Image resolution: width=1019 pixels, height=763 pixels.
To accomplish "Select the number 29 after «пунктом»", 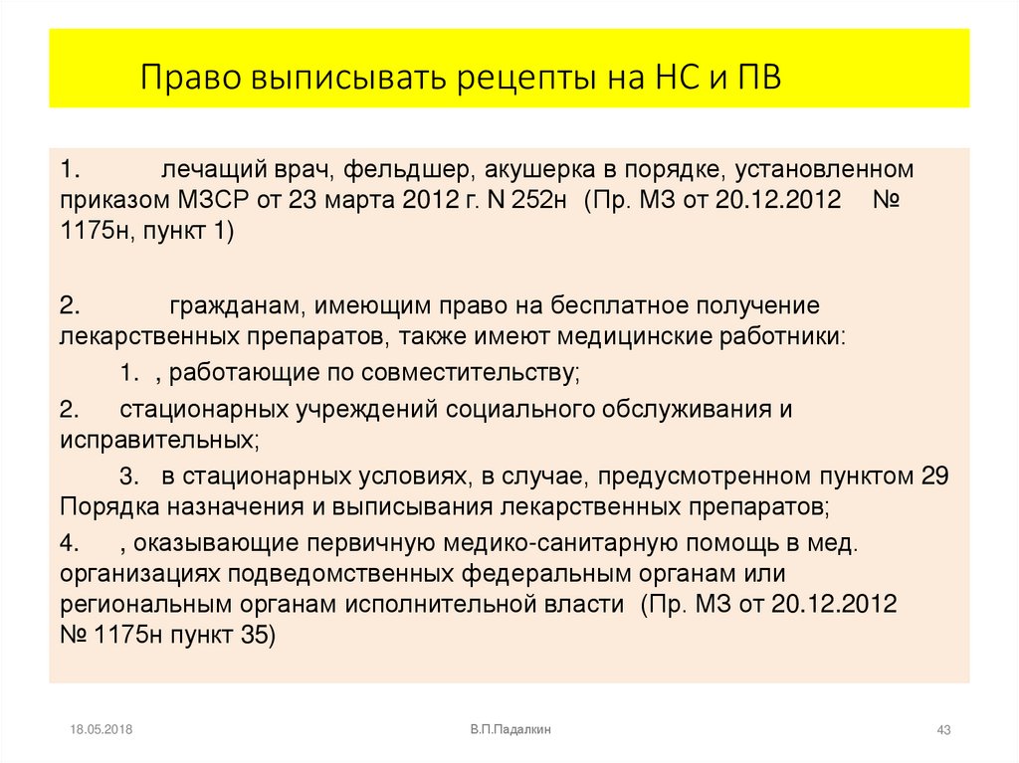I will pyautogui.click(x=934, y=476).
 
